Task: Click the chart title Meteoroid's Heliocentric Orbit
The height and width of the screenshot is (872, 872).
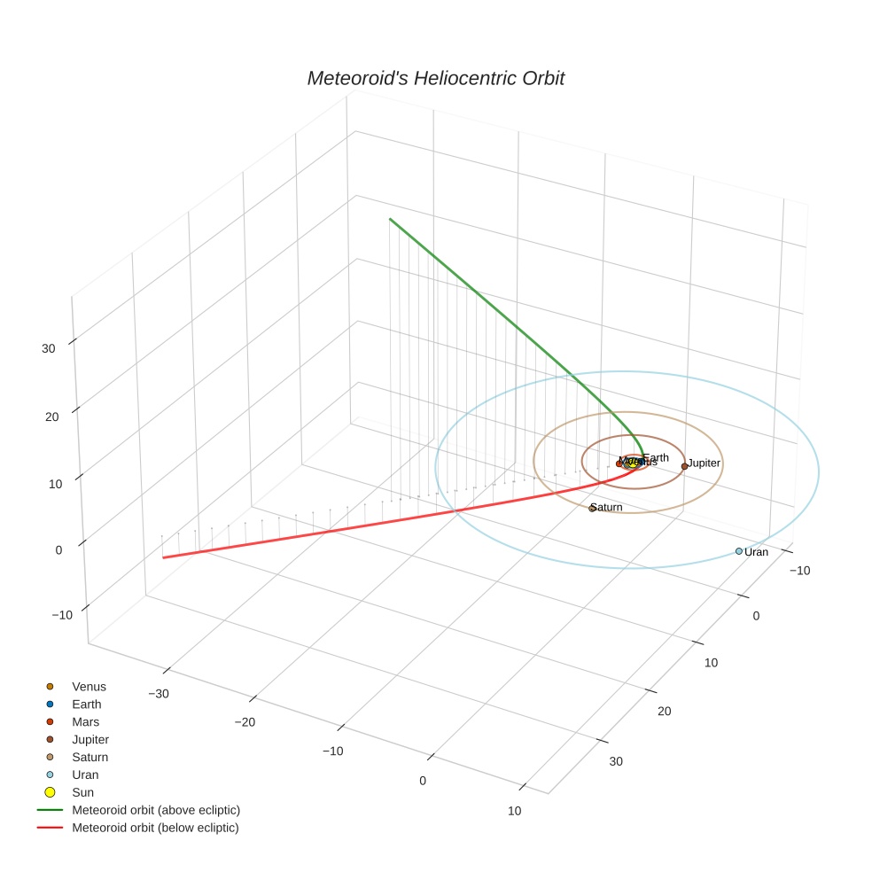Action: point(435,78)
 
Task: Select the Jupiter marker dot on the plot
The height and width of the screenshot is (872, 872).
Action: point(684,466)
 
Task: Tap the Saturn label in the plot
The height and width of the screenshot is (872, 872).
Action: point(607,508)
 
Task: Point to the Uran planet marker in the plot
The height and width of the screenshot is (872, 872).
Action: point(739,551)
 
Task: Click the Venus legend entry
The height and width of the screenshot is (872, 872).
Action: point(89,687)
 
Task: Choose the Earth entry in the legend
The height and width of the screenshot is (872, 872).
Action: point(87,705)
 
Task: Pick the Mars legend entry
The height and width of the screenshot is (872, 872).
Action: point(86,722)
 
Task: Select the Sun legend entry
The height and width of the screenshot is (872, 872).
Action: point(83,793)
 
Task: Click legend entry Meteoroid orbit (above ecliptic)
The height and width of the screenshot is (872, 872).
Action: point(156,810)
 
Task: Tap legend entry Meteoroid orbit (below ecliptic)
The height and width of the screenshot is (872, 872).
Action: point(156,828)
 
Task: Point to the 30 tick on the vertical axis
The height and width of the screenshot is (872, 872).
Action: point(49,348)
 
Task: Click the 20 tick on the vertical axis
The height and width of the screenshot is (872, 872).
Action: point(51,417)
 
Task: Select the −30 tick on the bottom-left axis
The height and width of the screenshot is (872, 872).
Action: point(160,694)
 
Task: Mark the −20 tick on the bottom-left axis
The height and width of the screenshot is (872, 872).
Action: point(245,722)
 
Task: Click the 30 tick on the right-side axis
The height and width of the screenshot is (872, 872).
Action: point(616,761)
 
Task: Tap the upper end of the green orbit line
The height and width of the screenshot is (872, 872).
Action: point(390,219)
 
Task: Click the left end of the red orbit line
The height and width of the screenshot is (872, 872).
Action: point(164,557)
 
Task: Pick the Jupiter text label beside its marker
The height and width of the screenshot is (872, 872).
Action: point(705,463)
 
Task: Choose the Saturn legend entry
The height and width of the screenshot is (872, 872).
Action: point(90,758)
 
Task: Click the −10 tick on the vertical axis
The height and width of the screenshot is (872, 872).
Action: point(63,616)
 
